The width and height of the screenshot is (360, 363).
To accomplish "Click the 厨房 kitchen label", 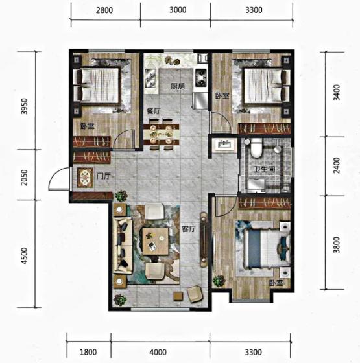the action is coord(178,87).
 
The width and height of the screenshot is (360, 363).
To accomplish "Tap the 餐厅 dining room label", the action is coord(154,111).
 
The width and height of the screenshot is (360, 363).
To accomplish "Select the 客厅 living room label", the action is coord(189,229).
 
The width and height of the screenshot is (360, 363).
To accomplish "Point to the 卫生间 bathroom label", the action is coord(265,169).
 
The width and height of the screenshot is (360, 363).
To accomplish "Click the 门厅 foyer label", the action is coord(103,176).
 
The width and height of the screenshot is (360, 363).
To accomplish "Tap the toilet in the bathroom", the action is coord(256,148).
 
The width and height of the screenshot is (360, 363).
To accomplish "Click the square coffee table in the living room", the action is coord(156,241).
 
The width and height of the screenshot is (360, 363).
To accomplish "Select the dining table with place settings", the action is coord(161,134).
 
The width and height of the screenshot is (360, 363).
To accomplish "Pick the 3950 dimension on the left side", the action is coord(24,106).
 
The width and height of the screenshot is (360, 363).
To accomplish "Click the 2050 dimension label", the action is coord(24,178).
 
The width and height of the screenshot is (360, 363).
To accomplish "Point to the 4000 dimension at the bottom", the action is coord(158,353).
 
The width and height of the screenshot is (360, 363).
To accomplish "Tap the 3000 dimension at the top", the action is coord(178,10).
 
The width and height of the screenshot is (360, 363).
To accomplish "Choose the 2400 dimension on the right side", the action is coord(337,165).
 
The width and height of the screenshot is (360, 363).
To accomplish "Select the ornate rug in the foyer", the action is coord(85,178).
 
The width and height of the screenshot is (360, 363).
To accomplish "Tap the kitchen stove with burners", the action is coord(201,78).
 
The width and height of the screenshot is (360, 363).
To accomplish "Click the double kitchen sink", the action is coord(150,78).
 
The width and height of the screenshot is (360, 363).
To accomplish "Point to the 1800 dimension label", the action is coord(88,353).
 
